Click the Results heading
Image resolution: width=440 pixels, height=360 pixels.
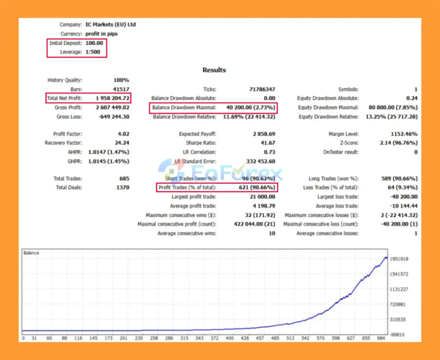[214, 70]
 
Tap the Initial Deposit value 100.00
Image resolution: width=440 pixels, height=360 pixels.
[94, 43]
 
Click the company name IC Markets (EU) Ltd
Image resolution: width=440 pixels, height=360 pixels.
[110, 25]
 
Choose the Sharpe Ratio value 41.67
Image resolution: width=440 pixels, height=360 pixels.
[267, 143]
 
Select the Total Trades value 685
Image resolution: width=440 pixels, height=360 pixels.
[124, 179]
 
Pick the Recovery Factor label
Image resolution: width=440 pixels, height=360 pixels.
[63, 143]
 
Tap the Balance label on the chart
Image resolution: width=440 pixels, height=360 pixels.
[31, 253]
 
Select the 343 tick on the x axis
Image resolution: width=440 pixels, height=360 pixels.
[199, 338]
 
